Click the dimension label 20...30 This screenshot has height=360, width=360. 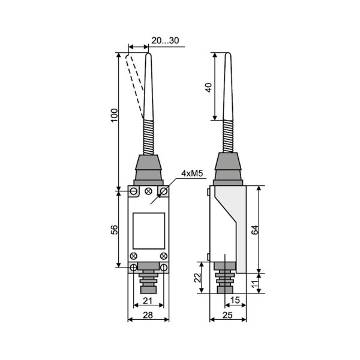(165, 40)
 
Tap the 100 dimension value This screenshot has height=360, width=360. (115, 115)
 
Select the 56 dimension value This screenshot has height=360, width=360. (115, 230)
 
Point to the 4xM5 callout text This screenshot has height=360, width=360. (192, 173)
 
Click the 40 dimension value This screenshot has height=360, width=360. (209, 88)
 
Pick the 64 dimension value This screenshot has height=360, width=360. (255, 230)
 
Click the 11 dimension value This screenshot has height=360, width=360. (255, 284)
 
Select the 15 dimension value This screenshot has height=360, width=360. (235, 300)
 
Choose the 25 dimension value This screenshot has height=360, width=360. (227, 315)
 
